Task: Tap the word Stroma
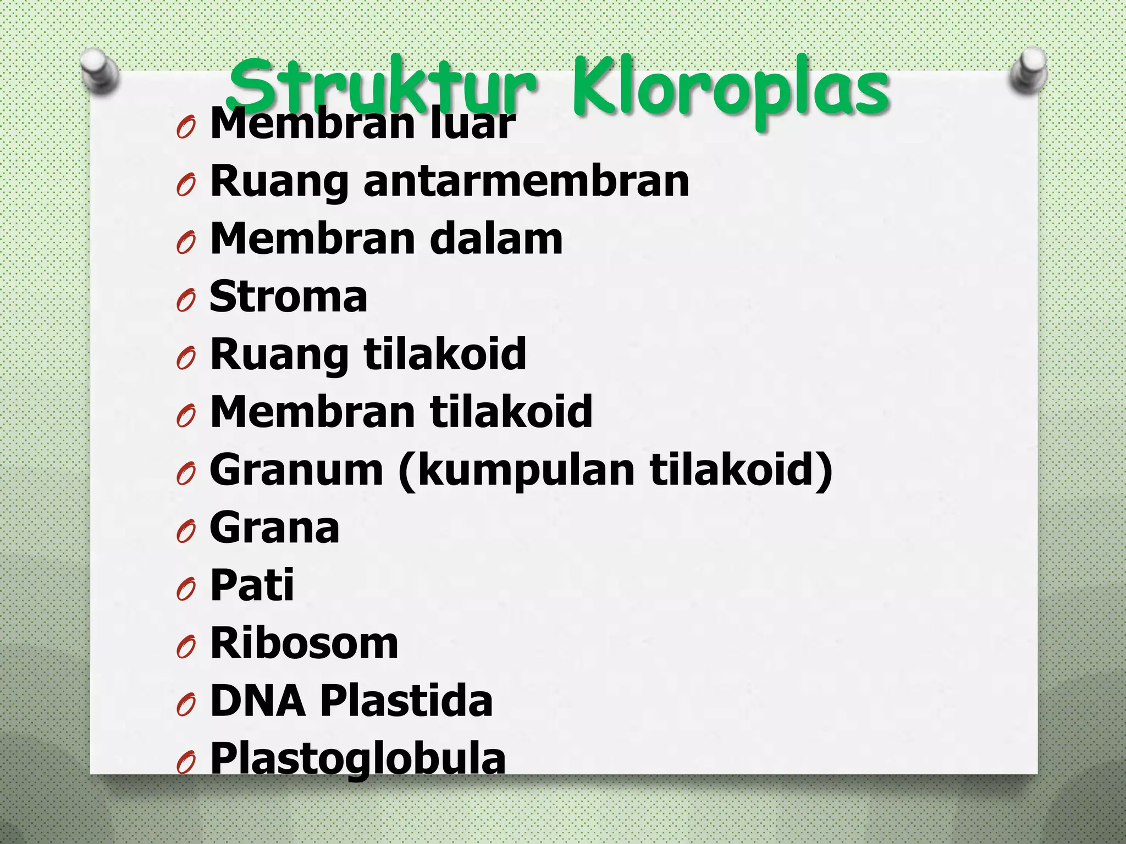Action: [x=289, y=297]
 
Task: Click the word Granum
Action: [x=296, y=470]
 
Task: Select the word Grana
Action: [x=274, y=528]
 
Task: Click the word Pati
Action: [x=252, y=585]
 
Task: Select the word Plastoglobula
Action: [x=358, y=759]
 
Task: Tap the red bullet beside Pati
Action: [x=186, y=590]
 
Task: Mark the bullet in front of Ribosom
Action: [x=186, y=647]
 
